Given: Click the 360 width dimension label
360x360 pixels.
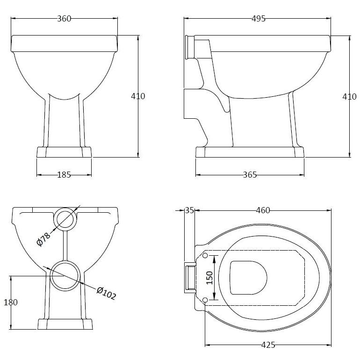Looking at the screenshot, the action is (64, 19).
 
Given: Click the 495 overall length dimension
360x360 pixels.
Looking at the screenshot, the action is (258, 19).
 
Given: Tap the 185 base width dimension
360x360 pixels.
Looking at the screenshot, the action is (64, 175).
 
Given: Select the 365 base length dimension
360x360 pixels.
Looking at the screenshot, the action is (250, 175).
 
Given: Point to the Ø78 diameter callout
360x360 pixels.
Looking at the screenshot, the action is (43, 239).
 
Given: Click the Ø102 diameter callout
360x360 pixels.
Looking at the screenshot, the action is (106, 293).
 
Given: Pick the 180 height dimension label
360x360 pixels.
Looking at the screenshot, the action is (11, 302).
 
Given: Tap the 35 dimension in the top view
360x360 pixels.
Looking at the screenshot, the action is (190, 210).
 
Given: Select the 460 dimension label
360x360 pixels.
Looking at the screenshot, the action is (263, 210).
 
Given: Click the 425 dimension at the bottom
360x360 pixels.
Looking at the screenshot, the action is (268, 345).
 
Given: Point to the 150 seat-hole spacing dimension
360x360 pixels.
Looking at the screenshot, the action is (209, 278).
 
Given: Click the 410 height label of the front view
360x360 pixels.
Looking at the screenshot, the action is (138, 96).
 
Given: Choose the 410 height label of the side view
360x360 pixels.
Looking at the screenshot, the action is (349, 97).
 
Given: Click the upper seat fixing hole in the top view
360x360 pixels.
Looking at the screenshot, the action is (205, 256).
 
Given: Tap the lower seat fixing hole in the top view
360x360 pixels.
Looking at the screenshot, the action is (205, 300).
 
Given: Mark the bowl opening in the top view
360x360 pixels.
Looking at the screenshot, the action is (248, 278).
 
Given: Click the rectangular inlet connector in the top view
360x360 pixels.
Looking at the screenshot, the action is (190, 278).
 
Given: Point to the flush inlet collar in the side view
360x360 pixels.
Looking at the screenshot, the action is (190, 47).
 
